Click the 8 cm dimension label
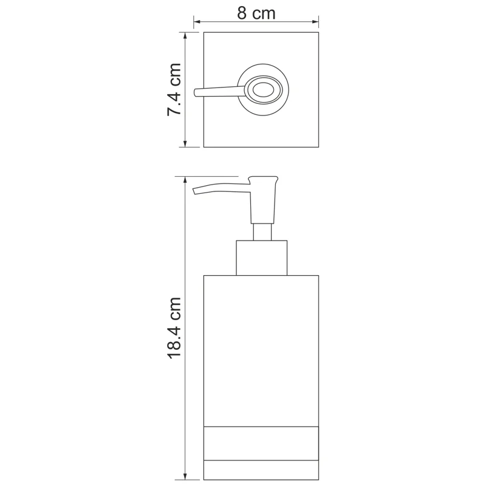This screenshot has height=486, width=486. pyautogui.click(x=256, y=13)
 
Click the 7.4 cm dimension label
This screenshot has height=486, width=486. pyautogui.click(x=174, y=89)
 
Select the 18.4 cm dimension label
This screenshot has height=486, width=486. pyautogui.click(x=174, y=327)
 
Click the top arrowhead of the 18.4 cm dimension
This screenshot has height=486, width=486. pyautogui.click(x=185, y=180)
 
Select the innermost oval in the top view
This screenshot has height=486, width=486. pyautogui.click(x=263, y=91)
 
